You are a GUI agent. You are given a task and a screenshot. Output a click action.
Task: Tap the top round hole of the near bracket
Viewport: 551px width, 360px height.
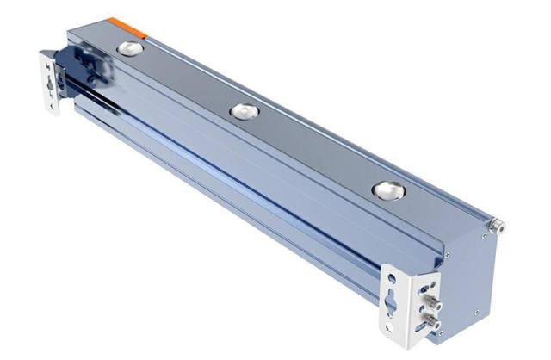(x=393, y=279)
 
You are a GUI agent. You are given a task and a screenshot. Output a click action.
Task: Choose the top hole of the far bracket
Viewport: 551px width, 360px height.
(x=45, y=64)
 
